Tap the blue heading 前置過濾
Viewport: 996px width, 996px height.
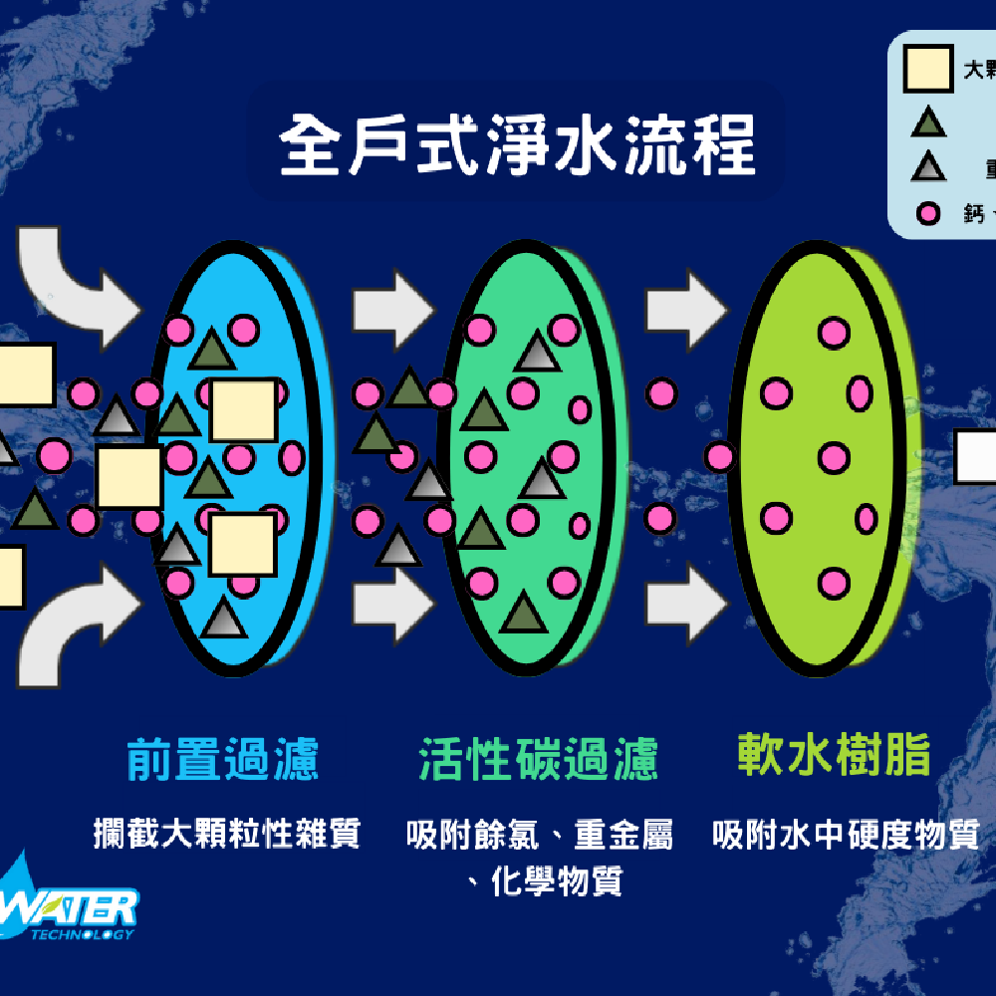click(223, 759)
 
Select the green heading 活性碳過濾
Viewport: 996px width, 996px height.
click(539, 759)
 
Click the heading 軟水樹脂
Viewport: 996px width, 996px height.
click(834, 756)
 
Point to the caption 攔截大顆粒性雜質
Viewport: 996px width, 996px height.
click(226, 833)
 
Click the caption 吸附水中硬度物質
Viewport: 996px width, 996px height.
click(847, 834)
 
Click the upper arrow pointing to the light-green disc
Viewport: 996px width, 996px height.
click(686, 300)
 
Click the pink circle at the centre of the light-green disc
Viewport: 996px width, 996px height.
click(835, 458)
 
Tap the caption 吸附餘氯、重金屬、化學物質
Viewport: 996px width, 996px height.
click(539, 857)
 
